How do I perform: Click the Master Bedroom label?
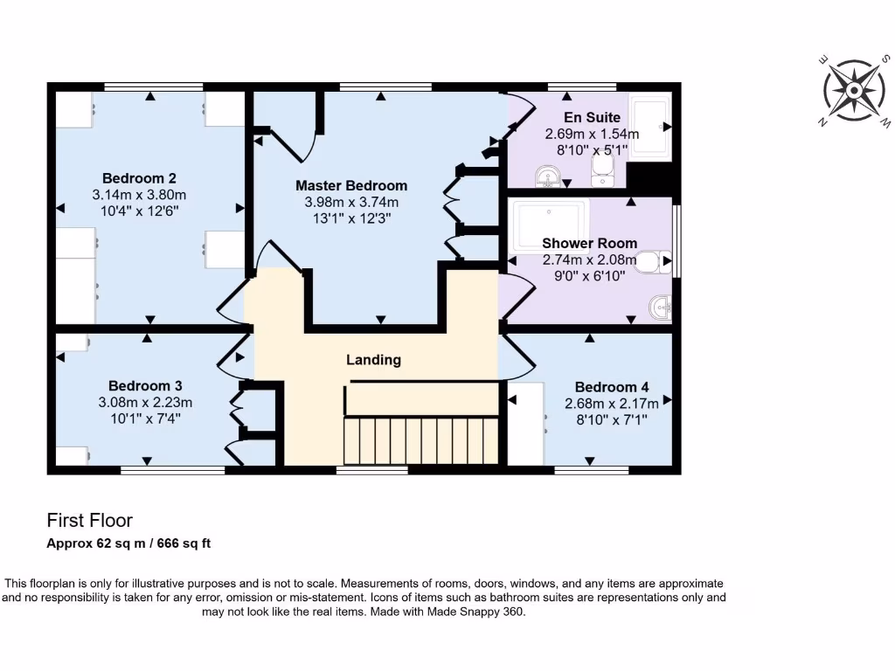point(350,185)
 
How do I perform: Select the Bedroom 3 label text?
point(145,385)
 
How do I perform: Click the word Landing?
point(373,359)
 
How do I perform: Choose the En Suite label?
point(592,117)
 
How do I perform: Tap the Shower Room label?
point(589,243)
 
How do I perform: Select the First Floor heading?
point(89,521)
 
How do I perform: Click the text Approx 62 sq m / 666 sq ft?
point(128,543)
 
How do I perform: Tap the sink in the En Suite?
point(549,178)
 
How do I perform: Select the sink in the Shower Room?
point(659,307)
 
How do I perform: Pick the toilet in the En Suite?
point(602,179)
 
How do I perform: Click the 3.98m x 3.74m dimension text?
point(350,202)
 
